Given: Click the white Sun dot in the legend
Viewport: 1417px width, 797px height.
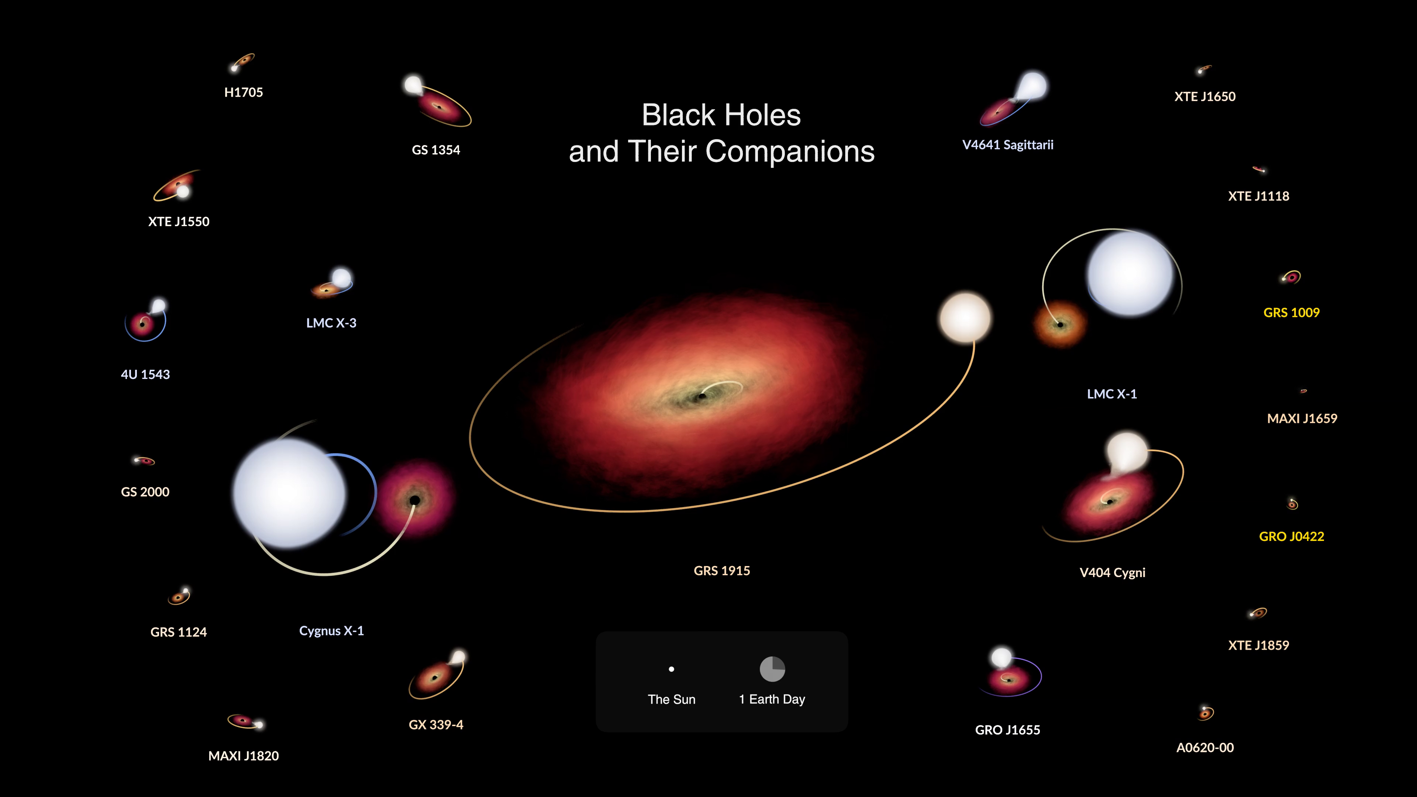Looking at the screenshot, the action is tap(671, 669).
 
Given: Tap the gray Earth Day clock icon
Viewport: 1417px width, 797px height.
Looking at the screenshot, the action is tap(772, 669).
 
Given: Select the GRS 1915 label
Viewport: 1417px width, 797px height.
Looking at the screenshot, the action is tap(722, 570).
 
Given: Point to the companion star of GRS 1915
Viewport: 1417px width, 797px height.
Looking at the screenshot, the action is tap(965, 318).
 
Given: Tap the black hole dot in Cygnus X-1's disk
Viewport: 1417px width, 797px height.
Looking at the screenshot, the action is tap(415, 500).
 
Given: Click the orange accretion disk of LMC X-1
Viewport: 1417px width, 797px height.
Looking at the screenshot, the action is tap(1060, 325).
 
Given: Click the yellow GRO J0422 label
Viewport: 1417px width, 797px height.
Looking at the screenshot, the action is tap(1292, 536).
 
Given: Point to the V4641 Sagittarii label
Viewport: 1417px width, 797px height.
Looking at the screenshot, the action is tap(1008, 145).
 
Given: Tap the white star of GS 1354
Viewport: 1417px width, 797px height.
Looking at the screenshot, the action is tap(413, 85).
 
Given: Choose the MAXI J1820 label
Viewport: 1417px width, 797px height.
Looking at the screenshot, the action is tap(244, 756).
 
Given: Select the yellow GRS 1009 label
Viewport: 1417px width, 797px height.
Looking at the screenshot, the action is tap(1292, 313).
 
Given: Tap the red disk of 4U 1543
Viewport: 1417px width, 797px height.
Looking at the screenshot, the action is tap(142, 324).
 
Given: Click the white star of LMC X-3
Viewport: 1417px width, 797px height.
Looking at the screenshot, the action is tap(342, 278).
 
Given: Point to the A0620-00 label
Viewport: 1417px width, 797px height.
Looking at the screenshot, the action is tap(1205, 748).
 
